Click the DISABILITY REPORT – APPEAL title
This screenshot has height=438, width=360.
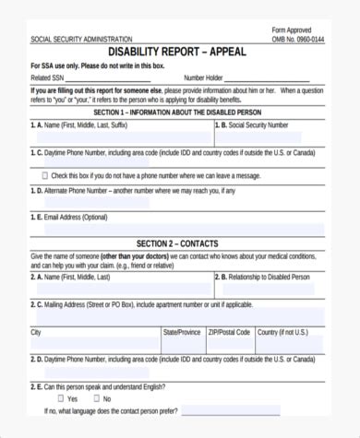click(x=181, y=52)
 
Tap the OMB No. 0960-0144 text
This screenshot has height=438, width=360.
click(x=297, y=39)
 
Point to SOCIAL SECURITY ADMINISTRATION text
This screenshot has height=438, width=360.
click(x=81, y=39)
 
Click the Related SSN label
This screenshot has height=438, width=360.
click(x=48, y=78)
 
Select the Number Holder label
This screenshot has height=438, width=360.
click(x=204, y=78)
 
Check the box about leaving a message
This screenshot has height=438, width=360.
click(x=45, y=174)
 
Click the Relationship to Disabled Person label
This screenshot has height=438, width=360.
click(x=267, y=277)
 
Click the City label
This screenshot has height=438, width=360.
click(x=36, y=331)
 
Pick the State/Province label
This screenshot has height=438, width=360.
click(x=182, y=331)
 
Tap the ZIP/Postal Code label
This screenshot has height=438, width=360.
click(x=229, y=331)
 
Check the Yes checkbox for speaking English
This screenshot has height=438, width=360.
click(x=61, y=398)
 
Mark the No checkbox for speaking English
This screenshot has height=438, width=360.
click(x=96, y=398)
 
